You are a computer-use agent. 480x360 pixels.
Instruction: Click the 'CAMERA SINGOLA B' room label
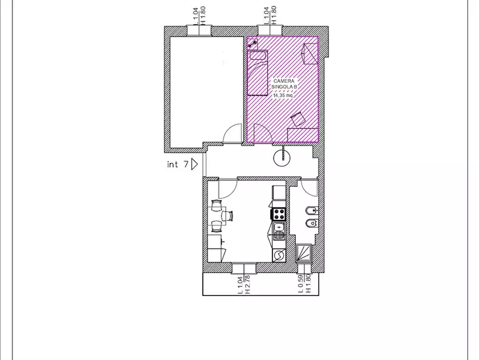pos(284,84)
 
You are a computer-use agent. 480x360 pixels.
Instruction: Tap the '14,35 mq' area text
pos(283,96)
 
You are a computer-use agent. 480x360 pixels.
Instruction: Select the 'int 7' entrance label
pos(177,164)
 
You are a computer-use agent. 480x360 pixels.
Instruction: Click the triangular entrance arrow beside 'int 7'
pos(195,164)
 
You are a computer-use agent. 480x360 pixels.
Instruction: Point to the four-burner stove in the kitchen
pos(279,214)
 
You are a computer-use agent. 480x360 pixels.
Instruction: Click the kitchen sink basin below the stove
pos(279,227)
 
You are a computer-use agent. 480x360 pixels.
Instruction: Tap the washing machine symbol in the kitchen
pos(279,255)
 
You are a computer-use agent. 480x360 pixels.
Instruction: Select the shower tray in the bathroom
pos(304,253)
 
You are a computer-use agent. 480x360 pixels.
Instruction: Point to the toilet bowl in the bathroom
pos(312,223)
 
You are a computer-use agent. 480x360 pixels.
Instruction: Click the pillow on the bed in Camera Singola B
pos(259,55)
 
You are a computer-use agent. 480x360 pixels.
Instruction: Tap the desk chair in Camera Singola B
pos(298,119)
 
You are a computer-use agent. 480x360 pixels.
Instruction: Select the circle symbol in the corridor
pos(282,157)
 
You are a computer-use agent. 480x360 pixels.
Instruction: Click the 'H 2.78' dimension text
pos(248,285)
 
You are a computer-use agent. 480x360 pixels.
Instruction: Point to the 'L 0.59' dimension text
pos(300,284)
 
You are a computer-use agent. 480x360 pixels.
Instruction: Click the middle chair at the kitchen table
pos(228,216)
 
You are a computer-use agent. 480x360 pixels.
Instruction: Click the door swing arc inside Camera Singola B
pos(266,129)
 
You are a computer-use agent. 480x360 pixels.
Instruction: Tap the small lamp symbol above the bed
pos(253,44)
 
